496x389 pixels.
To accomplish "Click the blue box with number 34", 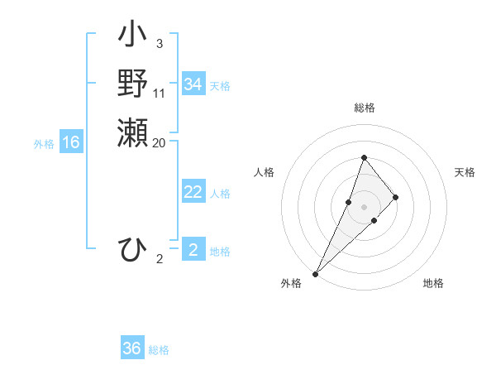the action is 193,84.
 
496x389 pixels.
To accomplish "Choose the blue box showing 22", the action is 193,192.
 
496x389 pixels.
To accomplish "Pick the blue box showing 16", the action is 71,142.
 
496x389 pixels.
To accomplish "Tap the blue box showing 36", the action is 132,348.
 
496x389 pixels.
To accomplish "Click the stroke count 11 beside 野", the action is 160,94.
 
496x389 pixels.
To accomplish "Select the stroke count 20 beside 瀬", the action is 160,142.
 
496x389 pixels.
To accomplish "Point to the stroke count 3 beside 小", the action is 159,44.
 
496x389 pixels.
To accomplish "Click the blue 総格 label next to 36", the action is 159,350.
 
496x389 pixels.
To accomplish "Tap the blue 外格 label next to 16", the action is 44,143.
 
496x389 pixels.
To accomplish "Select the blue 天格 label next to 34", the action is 220,85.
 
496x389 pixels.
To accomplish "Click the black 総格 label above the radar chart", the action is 364,108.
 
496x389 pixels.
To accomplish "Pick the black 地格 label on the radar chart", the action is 433,283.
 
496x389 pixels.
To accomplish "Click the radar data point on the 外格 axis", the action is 315,273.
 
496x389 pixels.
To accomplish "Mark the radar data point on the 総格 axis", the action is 364,157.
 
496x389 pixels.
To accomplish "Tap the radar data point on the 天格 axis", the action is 396,197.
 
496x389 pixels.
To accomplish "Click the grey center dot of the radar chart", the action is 364,207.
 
